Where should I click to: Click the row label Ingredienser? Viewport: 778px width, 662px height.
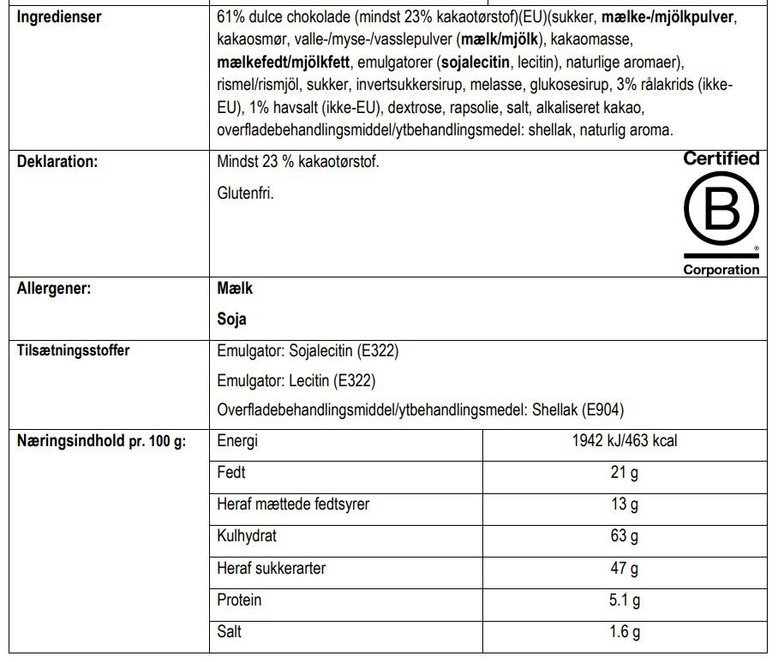coord(59,17)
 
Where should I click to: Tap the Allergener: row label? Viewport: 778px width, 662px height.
coord(54,289)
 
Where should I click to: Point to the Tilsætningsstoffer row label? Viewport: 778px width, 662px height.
coord(73,350)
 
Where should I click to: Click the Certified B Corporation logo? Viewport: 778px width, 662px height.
coord(721,213)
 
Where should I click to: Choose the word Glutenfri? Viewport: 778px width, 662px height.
coord(246,194)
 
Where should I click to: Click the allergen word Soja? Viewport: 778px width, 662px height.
coord(232,319)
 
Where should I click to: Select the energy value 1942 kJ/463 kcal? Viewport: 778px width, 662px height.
coord(625,442)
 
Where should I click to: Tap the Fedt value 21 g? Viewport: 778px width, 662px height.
coord(625,473)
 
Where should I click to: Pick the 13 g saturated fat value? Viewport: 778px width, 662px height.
coord(625,504)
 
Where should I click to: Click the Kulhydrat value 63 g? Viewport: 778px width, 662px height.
coord(625,537)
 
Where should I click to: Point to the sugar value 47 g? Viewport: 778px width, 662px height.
coord(625,569)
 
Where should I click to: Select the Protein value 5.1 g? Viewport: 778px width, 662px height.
coord(625,600)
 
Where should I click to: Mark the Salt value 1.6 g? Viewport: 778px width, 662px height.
coord(625,632)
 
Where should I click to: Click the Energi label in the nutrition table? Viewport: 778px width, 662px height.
coord(237,442)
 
